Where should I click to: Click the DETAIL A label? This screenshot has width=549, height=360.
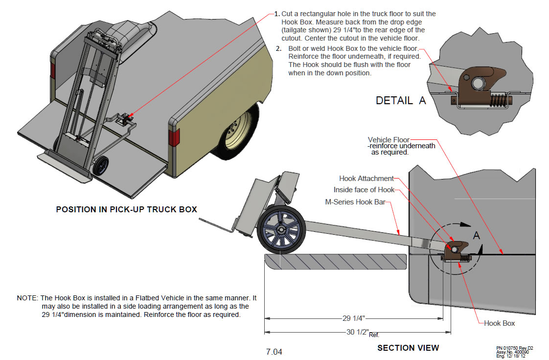(x=401, y=101)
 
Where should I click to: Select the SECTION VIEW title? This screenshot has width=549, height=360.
(x=408, y=348)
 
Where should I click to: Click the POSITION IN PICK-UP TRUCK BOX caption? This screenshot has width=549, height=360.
(x=126, y=209)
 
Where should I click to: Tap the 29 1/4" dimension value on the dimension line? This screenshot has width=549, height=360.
(x=353, y=318)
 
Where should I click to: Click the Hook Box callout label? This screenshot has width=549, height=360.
(x=499, y=323)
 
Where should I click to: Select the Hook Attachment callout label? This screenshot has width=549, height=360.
(x=366, y=179)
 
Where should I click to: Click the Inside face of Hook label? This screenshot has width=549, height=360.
(x=364, y=190)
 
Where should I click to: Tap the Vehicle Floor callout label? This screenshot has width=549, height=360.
(x=389, y=140)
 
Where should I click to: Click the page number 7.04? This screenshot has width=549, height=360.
(x=274, y=352)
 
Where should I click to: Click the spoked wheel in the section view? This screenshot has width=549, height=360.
(x=281, y=232)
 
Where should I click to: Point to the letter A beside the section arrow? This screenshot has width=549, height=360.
(x=477, y=235)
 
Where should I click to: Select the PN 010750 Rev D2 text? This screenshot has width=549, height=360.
(x=514, y=348)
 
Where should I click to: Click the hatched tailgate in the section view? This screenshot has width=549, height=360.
(x=335, y=261)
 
